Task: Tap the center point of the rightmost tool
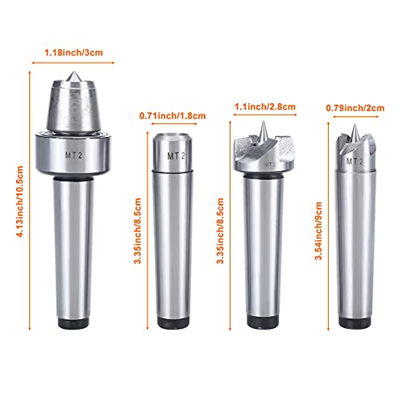[x=355, y=133]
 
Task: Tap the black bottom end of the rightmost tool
[x=355, y=324]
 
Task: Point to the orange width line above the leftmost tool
[x=73, y=60]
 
